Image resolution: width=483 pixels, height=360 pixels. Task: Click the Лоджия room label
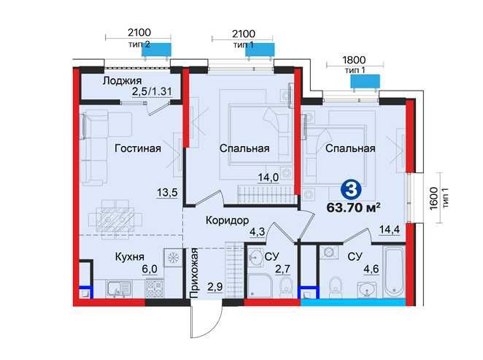[x=122, y=81]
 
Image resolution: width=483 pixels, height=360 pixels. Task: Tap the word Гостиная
[x=138, y=148]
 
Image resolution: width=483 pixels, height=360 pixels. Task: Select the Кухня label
[x=129, y=257]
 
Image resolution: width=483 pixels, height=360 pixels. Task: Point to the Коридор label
[x=228, y=221]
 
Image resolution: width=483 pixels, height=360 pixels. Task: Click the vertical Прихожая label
[x=194, y=273]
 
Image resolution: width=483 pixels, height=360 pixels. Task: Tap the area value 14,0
[x=268, y=177]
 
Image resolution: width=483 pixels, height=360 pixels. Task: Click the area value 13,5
[x=167, y=193]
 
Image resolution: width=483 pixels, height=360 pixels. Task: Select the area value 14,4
[x=390, y=229]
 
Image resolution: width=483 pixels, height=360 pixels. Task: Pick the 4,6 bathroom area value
[x=371, y=269]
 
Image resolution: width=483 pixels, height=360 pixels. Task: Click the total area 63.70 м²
[x=353, y=207]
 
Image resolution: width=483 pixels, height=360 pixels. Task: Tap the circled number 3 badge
[x=351, y=189]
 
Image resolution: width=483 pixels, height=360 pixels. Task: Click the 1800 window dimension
[x=355, y=59]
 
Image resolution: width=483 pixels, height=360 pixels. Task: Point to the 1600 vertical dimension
[x=433, y=198]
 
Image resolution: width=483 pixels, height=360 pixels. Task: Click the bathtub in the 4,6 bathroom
[x=394, y=271]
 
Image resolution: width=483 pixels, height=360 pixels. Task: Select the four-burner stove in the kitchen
[x=155, y=288]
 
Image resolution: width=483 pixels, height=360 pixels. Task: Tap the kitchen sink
[x=119, y=290]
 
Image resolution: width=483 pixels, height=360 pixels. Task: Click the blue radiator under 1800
[x=365, y=81]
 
